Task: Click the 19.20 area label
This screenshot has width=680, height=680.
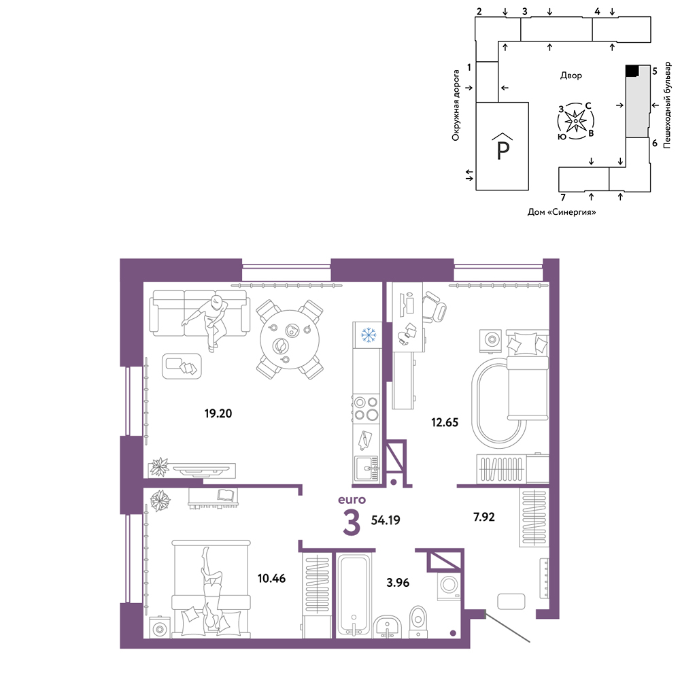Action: (218, 413)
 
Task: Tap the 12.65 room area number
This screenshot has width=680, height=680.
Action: (445, 422)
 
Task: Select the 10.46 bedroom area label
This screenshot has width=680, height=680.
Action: (271, 578)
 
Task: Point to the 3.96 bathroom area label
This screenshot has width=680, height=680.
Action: (398, 583)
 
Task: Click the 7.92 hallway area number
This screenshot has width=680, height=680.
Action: (483, 517)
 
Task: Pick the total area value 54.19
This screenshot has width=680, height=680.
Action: (386, 520)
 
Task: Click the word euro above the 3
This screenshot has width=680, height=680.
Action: (352, 500)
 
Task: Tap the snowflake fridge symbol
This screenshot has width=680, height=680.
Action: (369, 335)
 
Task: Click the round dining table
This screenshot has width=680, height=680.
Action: (290, 339)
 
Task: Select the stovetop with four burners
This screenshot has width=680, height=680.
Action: (367, 409)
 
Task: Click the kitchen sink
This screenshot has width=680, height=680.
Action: (367, 468)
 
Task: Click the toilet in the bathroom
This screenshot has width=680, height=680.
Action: (418, 622)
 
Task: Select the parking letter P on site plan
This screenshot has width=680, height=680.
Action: (503, 150)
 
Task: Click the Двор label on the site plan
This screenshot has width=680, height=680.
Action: (571, 75)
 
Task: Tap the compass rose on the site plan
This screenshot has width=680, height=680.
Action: (575, 121)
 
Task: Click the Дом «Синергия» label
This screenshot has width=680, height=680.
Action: (562, 212)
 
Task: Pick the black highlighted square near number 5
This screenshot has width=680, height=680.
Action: (632, 71)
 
